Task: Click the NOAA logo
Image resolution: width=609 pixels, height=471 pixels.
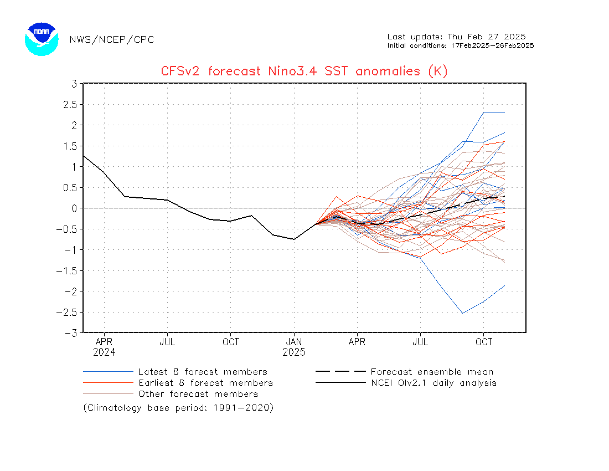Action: coord(42,39)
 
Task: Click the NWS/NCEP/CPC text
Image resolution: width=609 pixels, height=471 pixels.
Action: coord(112,39)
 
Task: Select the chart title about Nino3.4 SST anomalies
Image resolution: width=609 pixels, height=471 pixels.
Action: coord(304,71)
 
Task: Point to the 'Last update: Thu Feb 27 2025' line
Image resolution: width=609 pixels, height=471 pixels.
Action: coord(456,37)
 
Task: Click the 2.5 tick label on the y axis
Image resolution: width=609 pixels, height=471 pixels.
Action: coord(69,104)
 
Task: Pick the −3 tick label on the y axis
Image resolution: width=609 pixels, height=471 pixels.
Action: coord(71,332)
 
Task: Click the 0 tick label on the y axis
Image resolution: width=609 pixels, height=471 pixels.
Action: coord(73,208)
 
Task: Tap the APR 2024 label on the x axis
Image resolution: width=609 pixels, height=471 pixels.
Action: coord(104,347)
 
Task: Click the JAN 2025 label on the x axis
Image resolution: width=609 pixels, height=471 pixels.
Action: coord(294,347)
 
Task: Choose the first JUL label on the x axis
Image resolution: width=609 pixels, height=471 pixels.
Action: coord(167,342)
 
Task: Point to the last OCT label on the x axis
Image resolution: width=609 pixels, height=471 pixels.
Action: coord(484,342)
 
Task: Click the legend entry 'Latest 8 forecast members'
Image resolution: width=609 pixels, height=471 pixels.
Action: coord(203,372)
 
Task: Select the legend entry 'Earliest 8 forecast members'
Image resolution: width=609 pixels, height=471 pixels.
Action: coord(205,383)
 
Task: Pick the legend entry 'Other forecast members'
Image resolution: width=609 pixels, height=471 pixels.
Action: coord(198,394)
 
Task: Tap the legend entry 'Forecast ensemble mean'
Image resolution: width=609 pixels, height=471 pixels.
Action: coord(432,372)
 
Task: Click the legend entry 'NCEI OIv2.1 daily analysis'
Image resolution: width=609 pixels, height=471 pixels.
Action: coord(433,383)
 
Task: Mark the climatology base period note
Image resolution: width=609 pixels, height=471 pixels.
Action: coord(178,408)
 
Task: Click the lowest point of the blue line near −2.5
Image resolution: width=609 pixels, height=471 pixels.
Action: coord(463,313)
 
